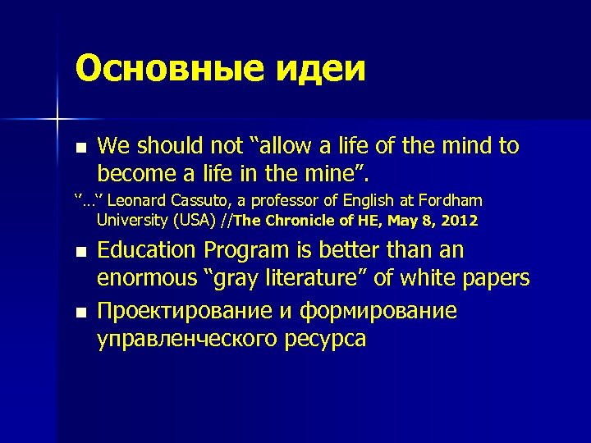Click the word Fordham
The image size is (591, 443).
coord(450,201)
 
